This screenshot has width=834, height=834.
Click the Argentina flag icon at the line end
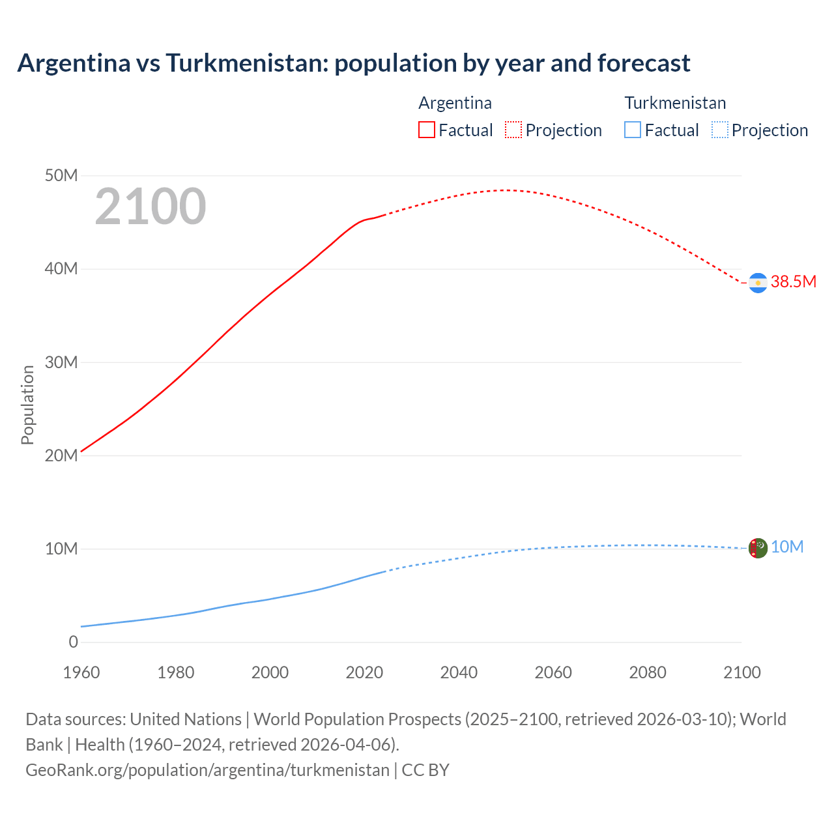coord(758,283)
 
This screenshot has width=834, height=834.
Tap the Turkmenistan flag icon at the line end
coord(758,548)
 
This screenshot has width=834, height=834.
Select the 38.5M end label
coord(793,281)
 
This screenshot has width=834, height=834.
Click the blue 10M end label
coord(787,547)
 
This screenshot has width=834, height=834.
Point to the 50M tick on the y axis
coord(61,175)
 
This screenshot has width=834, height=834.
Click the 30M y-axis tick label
coord(61,362)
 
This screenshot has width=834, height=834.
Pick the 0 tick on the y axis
coord(73,642)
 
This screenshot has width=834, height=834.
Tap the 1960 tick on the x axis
coord(81,672)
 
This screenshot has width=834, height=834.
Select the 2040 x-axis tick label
coord(459,672)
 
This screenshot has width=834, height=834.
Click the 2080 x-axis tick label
coord(648,672)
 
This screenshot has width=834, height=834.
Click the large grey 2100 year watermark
coord(151,207)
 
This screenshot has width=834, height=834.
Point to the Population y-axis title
coord(27,405)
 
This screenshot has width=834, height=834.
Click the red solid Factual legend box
coord(427,130)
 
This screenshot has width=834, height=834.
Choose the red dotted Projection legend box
coord(513,130)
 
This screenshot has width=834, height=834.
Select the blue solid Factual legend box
coord(633,130)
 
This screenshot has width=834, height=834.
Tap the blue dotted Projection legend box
coord(720,130)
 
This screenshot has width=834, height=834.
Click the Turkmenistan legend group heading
coord(675,103)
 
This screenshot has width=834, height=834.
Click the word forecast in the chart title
coord(644,63)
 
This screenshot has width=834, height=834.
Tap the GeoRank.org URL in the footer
coord(207,769)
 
